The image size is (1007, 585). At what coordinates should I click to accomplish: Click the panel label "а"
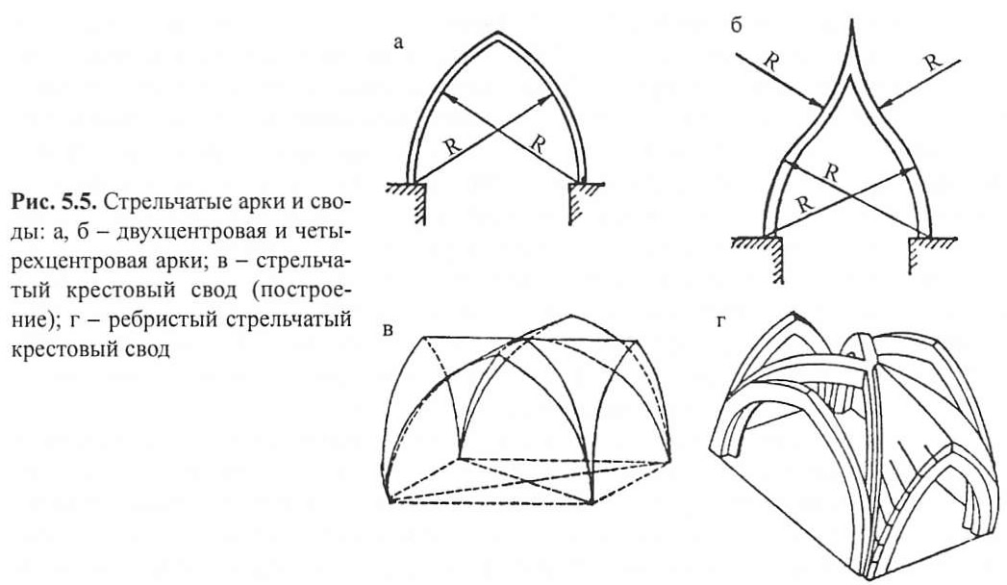click(399, 43)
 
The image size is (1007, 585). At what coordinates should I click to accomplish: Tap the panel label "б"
click(736, 26)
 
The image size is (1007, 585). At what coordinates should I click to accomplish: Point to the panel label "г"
click(719, 322)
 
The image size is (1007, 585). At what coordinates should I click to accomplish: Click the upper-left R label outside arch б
click(771, 62)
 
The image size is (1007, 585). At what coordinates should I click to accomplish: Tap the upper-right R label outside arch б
click(933, 62)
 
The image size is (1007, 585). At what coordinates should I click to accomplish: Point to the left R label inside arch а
click(453, 145)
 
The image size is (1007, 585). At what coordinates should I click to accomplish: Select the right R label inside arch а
click(538, 144)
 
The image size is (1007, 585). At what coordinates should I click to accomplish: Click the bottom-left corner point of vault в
click(391, 500)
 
